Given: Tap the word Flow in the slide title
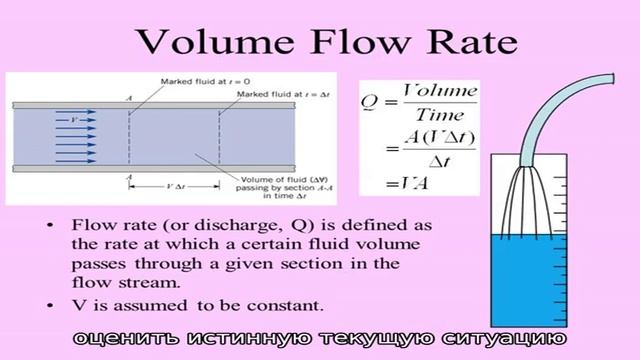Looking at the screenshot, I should pyautogui.click(x=355, y=42).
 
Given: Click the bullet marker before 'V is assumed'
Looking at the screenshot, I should pyautogui.click(x=49, y=302).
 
